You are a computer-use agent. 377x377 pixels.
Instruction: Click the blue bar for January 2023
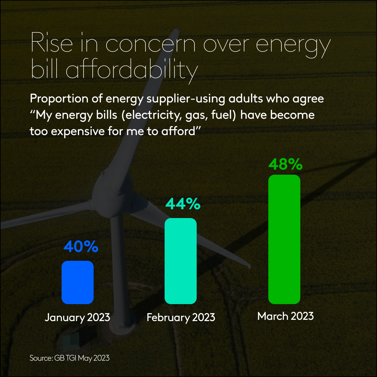(x=78, y=282)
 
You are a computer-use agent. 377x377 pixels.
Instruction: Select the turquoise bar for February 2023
(x=181, y=261)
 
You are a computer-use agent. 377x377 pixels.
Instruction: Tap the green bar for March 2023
(x=284, y=239)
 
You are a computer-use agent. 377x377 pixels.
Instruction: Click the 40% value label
(x=81, y=247)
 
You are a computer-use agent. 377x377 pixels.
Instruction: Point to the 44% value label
(x=183, y=204)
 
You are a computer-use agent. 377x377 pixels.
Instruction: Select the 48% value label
(x=285, y=164)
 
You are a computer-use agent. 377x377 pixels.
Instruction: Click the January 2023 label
(x=77, y=317)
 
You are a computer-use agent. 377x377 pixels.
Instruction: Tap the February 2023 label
(x=181, y=317)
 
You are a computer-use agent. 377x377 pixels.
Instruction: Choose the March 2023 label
(x=286, y=316)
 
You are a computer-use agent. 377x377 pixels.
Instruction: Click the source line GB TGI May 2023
(x=70, y=358)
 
